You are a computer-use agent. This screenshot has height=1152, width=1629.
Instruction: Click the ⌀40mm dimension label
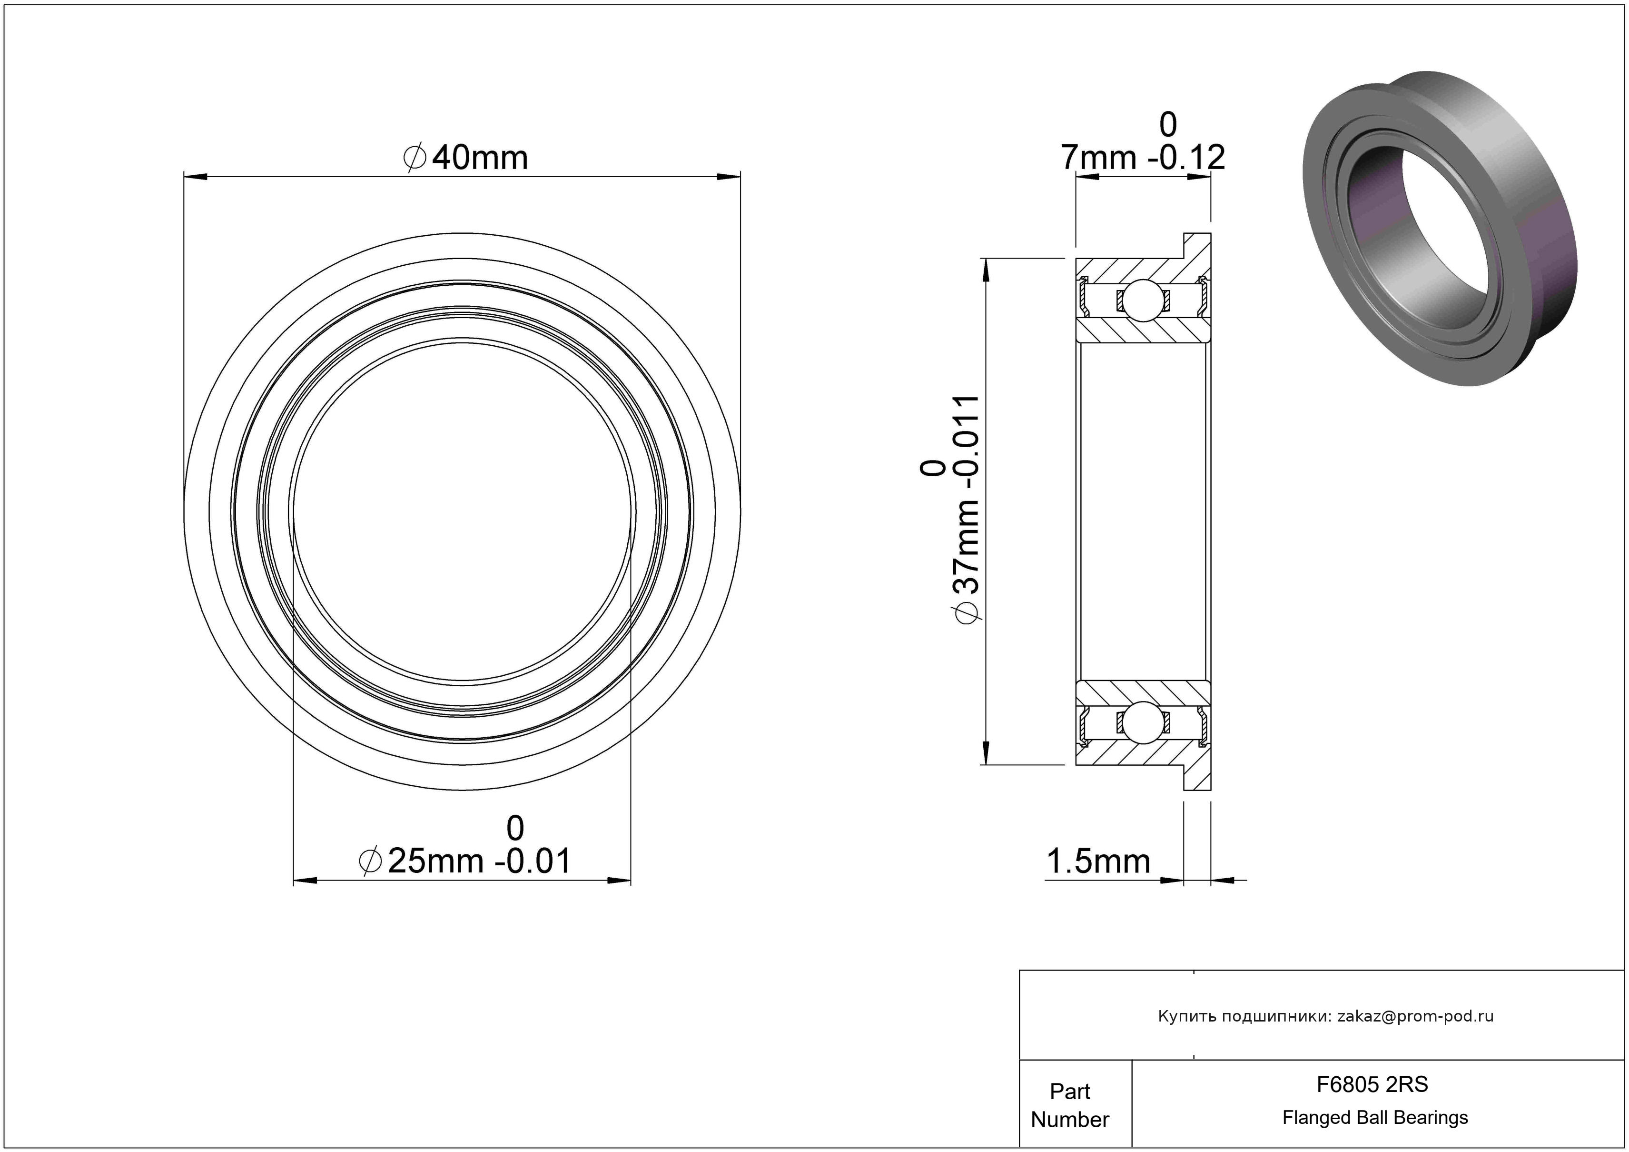pyautogui.click(x=465, y=158)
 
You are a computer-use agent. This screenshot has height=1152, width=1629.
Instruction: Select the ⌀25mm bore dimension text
pyautogui.click(x=465, y=861)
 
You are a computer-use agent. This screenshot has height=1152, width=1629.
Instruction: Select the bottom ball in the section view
pyautogui.click(x=1143, y=722)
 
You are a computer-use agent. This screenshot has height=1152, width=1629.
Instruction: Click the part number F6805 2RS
pyautogui.click(x=1372, y=1084)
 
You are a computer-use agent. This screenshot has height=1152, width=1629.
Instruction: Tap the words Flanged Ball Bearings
pyautogui.click(x=1375, y=1118)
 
